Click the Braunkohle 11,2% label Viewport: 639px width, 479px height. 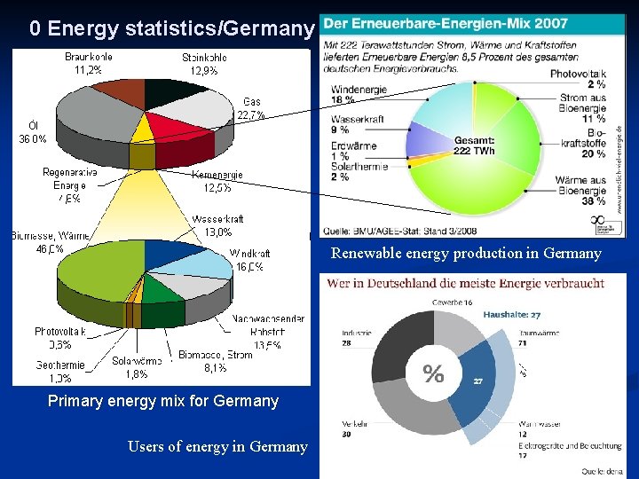[89, 63]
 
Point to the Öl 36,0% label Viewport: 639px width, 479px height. [34, 132]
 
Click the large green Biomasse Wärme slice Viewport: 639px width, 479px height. [89, 271]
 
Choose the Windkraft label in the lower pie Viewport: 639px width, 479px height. [250, 260]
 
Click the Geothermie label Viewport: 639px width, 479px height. [60, 371]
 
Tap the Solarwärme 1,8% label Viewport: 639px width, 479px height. [137, 367]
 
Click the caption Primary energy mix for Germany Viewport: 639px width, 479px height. [162, 401]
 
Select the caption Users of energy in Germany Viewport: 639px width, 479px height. [217, 446]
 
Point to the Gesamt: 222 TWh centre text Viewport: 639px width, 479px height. [474, 145]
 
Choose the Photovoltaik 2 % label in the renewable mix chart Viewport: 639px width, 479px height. [578, 80]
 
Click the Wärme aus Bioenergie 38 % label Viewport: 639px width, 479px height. [580, 190]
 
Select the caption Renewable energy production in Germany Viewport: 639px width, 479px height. [466, 254]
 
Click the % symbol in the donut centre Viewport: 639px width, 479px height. [433, 374]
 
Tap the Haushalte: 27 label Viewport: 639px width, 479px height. [511, 314]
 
